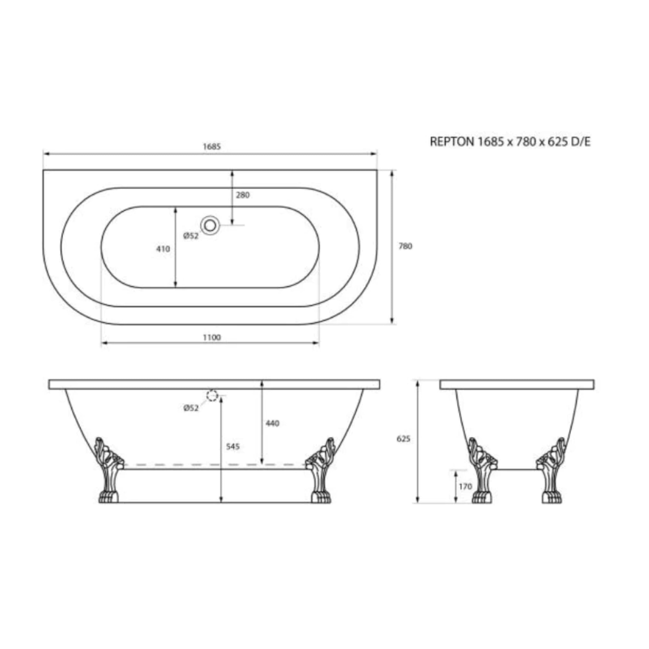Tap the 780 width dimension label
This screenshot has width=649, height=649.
[x=405, y=246]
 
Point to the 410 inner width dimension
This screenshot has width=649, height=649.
[x=163, y=249]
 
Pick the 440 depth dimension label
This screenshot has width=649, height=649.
[x=272, y=423]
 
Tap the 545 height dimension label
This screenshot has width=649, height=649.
[x=233, y=446]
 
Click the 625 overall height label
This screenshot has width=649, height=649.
[x=403, y=439]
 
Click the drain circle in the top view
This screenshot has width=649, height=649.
[x=210, y=225]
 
